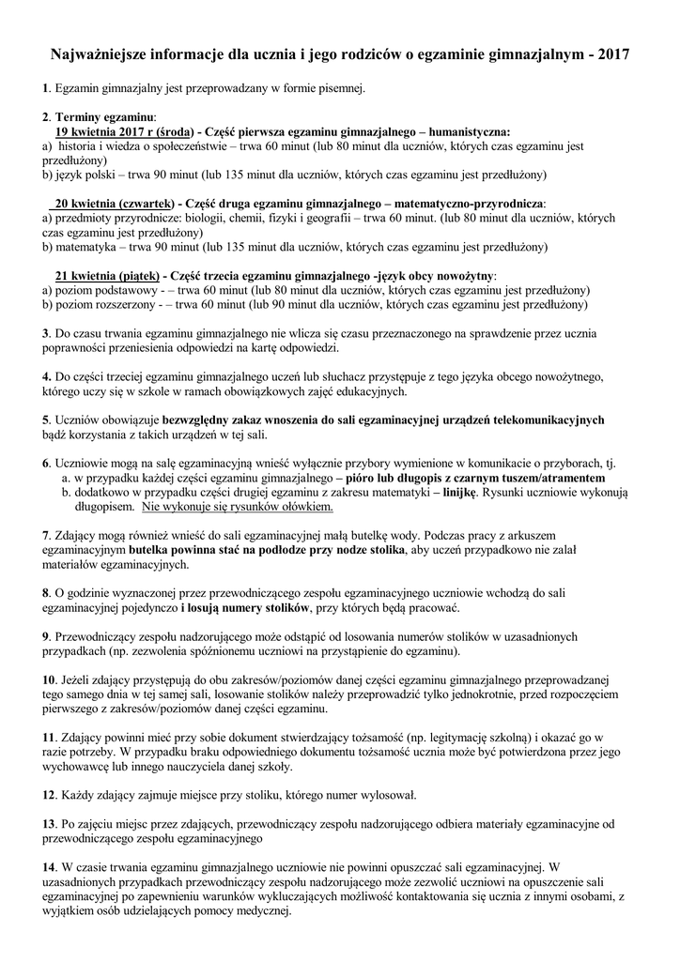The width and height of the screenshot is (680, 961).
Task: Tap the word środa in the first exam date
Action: (x=177, y=132)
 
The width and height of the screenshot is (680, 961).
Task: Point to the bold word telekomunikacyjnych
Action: (x=549, y=419)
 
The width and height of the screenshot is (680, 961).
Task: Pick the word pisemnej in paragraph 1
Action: (x=340, y=89)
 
